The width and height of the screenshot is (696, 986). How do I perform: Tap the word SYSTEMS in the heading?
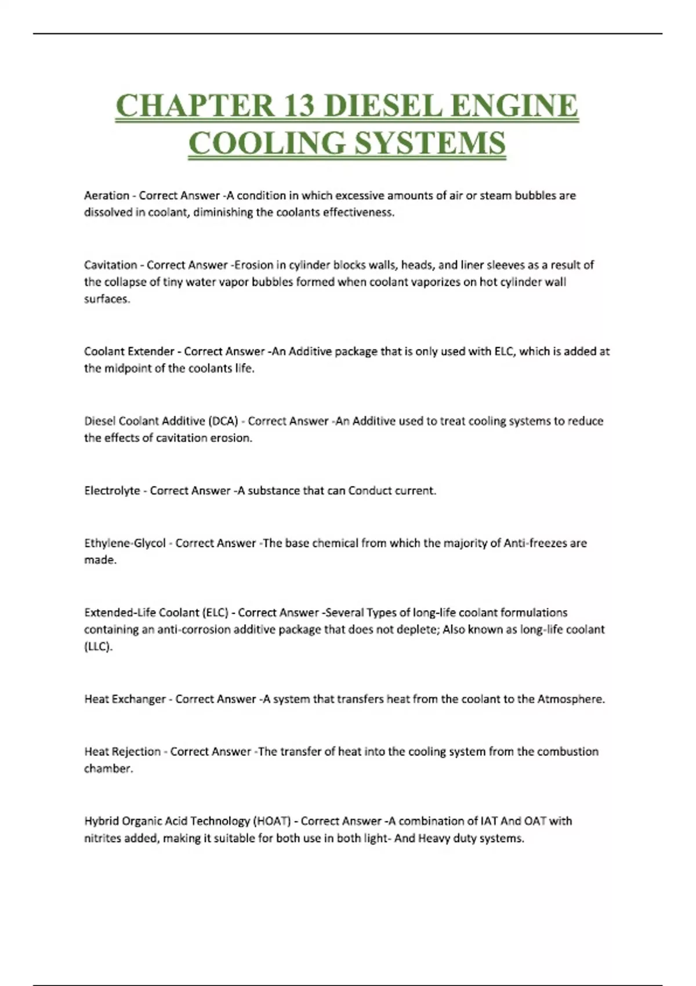click(430, 143)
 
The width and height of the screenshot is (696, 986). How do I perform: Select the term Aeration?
click(107, 195)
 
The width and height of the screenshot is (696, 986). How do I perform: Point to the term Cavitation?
click(111, 265)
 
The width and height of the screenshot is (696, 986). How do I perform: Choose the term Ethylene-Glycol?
click(125, 543)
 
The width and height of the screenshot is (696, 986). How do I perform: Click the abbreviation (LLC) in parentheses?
click(98, 647)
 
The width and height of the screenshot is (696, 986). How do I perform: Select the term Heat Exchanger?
click(125, 699)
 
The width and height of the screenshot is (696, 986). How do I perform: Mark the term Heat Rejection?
click(122, 752)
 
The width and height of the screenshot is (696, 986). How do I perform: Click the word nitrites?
click(103, 839)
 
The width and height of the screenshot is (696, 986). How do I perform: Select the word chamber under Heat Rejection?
click(108, 769)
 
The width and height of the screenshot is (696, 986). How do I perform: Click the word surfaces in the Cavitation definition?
click(107, 299)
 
